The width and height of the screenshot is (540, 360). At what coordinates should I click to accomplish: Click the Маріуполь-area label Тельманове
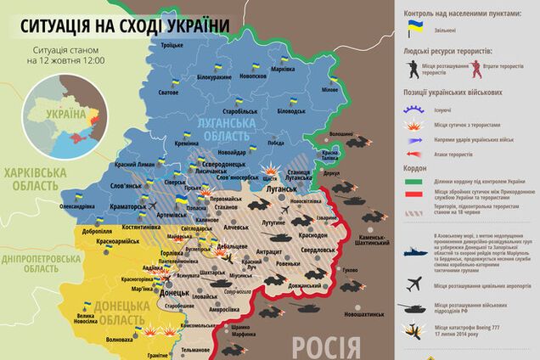(194, 350)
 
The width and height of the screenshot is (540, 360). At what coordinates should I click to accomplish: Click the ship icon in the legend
(416, 252)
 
